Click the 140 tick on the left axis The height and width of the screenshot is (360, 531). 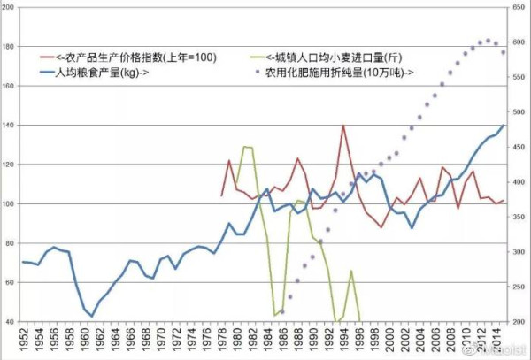coord(10,126)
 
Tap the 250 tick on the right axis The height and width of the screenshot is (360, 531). coord(516,287)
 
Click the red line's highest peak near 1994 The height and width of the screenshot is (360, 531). coord(343,126)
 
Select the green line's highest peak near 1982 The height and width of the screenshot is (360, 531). coord(244,147)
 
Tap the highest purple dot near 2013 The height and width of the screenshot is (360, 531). coord(488,41)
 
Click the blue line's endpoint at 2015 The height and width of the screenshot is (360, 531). coord(504,125)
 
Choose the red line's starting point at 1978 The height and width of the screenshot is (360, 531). coord(221,195)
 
